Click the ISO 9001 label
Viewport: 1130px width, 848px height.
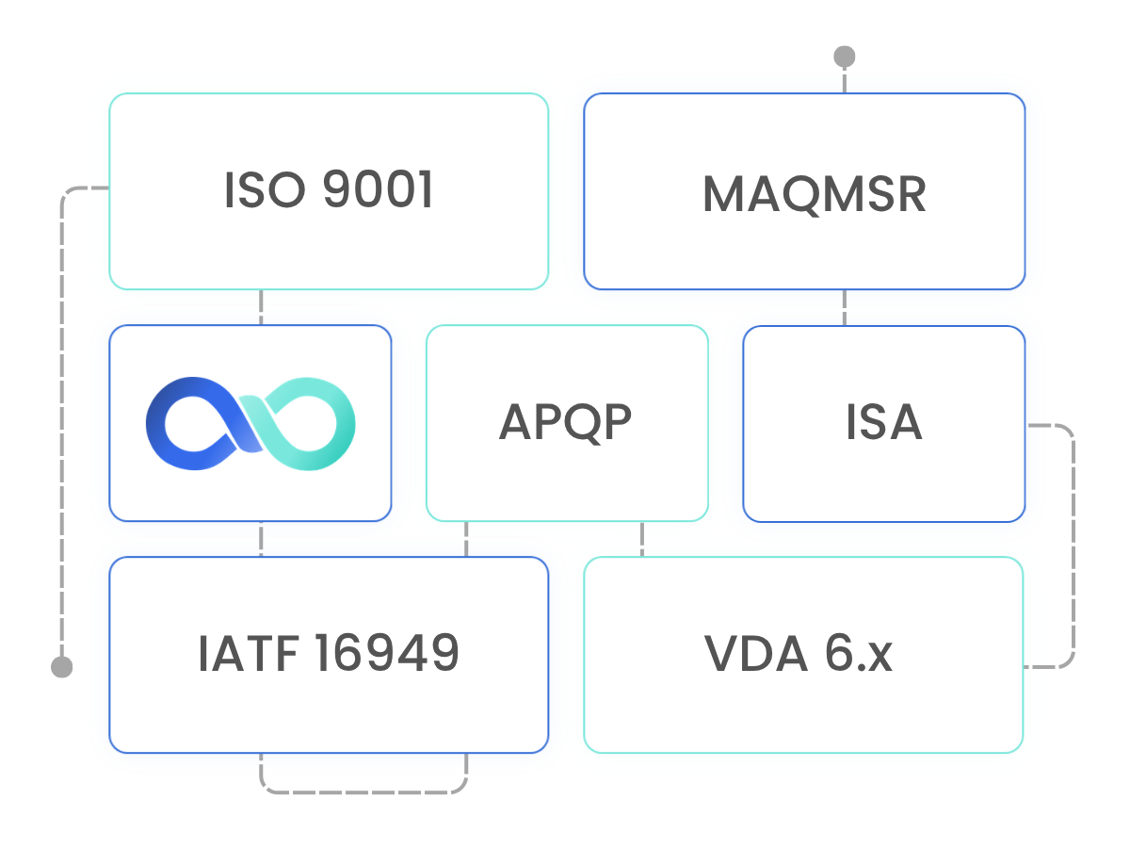point(329,189)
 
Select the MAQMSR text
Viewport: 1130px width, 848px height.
point(815,194)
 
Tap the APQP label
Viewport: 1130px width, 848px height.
point(565,422)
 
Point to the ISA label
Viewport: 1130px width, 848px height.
point(883,422)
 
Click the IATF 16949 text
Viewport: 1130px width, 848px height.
point(329,653)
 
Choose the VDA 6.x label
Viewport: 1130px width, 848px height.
point(798,653)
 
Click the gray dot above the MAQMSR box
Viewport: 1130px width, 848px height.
point(845,57)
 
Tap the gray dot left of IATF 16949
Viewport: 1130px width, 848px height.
point(62,667)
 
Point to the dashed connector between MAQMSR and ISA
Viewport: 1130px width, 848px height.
point(845,307)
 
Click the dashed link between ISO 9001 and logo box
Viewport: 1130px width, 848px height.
point(261,307)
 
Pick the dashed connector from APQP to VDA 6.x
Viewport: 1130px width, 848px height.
point(642,539)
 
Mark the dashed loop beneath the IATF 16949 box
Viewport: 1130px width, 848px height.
point(363,791)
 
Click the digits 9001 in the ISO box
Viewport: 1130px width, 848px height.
point(378,189)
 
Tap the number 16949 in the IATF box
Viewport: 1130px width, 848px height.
point(387,653)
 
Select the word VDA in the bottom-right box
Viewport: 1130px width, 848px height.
point(755,653)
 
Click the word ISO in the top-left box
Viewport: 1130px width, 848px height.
point(266,189)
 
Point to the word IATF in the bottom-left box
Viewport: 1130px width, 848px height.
point(249,653)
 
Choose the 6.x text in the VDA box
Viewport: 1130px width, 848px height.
point(858,653)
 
